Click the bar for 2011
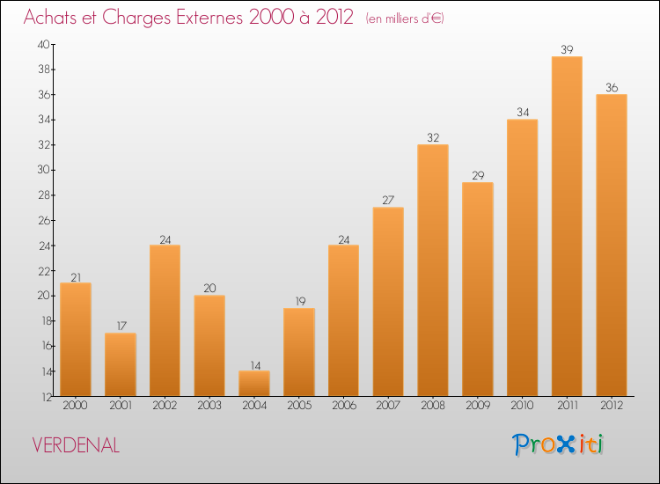[x=567, y=226]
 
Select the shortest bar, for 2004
[x=254, y=384]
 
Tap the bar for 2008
[x=433, y=270]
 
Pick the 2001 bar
[x=121, y=364]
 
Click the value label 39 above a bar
[x=567, y=49]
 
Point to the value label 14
[x=254, y=364]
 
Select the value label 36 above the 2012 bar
[x=612, y=87]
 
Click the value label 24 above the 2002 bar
[x=165, y=238]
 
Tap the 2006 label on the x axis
[x=344, y=405]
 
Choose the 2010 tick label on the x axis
[x=523, y=405]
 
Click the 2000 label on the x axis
[x=76, y=405]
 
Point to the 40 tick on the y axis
[x=43, y=44]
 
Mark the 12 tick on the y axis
[x=43, y=397]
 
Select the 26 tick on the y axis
[x=43, y=221]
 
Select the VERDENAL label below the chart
[x=76, y=445]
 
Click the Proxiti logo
[x=559, y=444]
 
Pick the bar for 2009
[x=478, y=290]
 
